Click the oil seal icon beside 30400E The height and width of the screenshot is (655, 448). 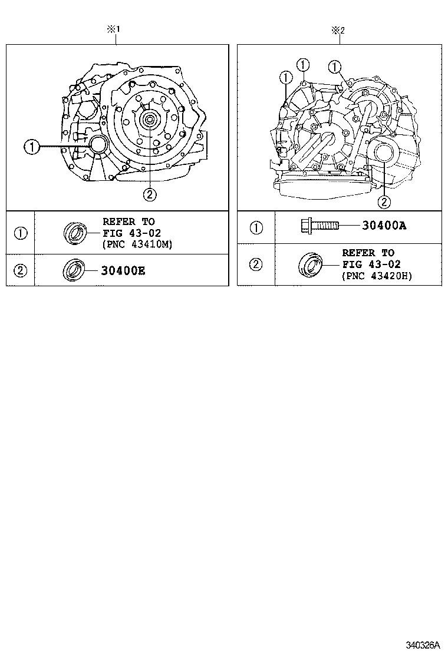tap(73, 270)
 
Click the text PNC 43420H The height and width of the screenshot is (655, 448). tap(377, 275)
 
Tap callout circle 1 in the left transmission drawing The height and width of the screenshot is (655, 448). tap(32, 146)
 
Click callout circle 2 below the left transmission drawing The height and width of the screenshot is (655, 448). tap(150, 193)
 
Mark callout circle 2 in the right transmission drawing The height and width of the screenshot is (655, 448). tap(384, 201)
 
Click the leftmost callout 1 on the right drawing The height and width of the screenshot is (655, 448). tap(286, 77)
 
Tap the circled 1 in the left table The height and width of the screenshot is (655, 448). tap(21, 233)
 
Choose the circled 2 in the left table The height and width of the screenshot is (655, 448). tap(21, 270)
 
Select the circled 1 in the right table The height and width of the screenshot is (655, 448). tap(256, 227)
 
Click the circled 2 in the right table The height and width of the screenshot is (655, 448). tap(256, 264)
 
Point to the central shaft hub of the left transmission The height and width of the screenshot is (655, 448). tap(149, 120)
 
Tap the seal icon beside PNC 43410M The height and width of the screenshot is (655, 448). tap(74, 233)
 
